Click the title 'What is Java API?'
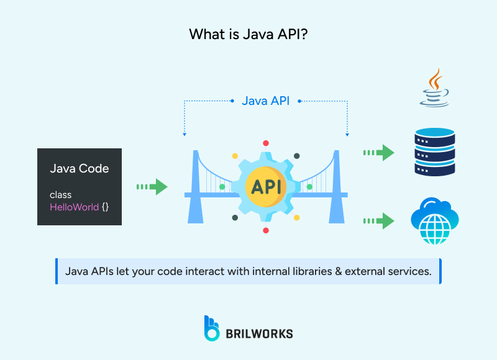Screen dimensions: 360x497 (248, 35)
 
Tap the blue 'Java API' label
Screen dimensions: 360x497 (265, 101)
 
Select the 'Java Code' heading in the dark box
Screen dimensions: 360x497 (79, 168)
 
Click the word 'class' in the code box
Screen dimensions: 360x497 (60, 195)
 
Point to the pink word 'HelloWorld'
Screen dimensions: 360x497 (74, 207)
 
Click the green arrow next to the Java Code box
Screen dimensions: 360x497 (152, 186)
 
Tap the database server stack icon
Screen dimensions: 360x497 (434, 152)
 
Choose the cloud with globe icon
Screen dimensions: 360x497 (434, 220)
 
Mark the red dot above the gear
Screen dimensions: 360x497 (266, 143)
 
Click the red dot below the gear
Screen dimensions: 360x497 (266, 230)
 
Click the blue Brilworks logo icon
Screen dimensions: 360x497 (212, 328)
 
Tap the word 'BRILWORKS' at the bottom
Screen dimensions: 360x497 (260, 333)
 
